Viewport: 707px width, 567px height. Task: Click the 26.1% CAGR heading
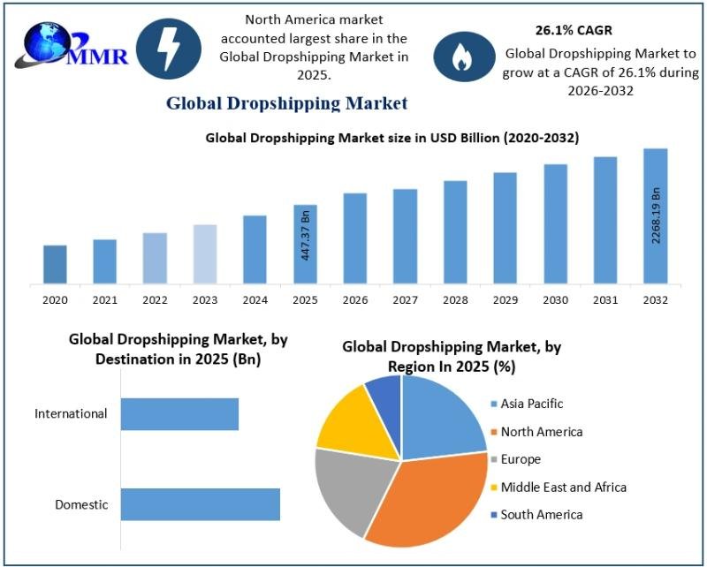pos(574,31)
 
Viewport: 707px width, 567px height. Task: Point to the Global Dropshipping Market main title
pos(286,103)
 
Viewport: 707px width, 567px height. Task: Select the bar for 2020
pos(55,264)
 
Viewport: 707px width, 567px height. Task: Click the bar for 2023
pos(205,254)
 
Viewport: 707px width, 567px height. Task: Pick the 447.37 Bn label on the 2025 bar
pos(306,233)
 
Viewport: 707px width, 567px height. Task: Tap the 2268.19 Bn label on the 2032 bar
pos(656,215)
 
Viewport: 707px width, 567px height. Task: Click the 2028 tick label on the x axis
pos(455,300)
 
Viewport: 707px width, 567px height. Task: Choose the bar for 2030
pos(555,224)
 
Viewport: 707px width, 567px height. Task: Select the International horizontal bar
pos(179,413)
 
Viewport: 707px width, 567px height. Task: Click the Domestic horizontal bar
pos(200,504)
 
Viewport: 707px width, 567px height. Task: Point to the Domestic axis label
pos(81,505)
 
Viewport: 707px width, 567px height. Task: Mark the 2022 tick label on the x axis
pos(155,300)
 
